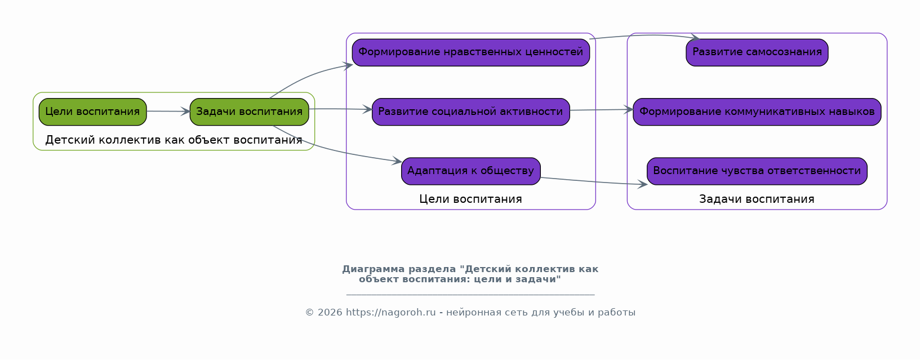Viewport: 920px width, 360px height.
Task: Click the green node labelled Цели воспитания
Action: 92,112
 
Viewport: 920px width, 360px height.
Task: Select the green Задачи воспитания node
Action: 249,112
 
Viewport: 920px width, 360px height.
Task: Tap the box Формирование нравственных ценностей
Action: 470,52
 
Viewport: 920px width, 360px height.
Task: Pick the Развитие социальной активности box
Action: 470,112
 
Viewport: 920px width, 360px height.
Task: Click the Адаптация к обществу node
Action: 470,171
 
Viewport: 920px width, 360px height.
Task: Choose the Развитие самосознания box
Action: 757,52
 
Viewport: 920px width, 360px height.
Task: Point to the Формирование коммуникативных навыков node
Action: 757,112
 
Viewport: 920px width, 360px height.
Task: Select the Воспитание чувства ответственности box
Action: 757,171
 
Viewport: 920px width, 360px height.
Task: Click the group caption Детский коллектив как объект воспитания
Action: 174,140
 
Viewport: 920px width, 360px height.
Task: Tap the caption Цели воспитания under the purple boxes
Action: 470,199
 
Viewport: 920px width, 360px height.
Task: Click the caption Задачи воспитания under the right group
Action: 757,199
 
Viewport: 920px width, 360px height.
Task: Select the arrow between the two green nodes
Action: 168,112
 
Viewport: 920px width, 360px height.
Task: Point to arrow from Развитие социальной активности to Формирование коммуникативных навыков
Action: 601,110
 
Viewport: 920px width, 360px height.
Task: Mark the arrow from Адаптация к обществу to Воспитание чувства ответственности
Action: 592,181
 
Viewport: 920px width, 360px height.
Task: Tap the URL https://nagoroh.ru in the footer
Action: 391,313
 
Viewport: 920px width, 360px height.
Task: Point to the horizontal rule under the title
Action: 470,294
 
